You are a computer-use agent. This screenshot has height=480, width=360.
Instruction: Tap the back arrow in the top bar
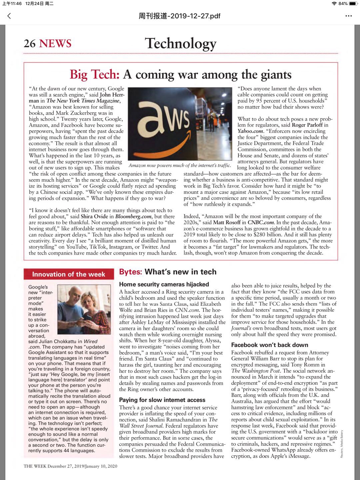9,16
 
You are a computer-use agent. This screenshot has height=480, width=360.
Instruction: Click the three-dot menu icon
349,16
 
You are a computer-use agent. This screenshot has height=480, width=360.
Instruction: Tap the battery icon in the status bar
353,4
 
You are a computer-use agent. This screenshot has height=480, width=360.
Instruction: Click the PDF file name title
180,16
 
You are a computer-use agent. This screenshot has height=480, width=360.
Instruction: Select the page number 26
30,43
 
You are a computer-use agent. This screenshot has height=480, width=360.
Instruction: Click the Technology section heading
181,43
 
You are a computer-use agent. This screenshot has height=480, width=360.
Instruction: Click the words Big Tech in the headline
94,75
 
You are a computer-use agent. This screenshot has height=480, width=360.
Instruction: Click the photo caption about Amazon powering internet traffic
180,165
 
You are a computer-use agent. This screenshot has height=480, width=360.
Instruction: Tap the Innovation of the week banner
69,274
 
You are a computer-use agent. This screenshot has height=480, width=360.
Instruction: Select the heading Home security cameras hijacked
164,284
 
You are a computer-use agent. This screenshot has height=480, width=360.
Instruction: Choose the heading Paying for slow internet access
162,400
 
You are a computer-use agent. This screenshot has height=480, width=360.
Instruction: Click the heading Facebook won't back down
270,345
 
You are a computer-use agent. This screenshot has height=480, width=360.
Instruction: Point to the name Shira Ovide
94,217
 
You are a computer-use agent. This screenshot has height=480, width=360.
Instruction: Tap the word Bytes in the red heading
130,272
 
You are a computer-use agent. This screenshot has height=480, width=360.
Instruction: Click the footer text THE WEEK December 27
70,466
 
